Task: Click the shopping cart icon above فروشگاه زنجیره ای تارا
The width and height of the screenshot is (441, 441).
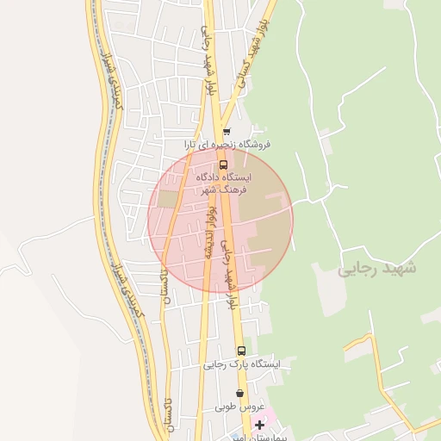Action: [x=227, y=133]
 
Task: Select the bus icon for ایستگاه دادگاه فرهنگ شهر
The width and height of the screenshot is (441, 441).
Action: [x=223, y=164]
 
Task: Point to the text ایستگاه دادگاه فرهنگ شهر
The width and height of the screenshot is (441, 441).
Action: [x=222, y=182]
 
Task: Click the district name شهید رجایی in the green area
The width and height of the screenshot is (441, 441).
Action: [x=376, y=268]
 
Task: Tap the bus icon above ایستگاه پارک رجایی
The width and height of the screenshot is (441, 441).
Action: [x=241, y=351]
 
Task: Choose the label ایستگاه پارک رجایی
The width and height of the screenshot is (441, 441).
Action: [x=242, y=364]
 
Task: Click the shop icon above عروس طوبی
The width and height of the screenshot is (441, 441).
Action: [x=239, y=394]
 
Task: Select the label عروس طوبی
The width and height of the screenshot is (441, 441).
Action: [x=238, y=406]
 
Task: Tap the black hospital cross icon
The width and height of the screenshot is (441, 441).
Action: [x=259, y=425]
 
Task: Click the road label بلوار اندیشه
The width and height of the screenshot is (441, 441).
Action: [x=210, y=233]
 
